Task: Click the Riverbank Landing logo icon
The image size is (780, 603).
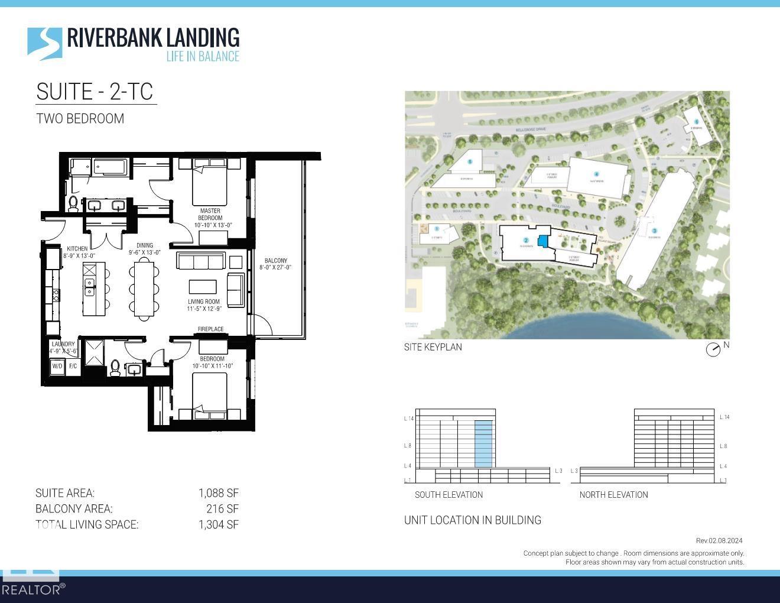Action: (x=44, y=43)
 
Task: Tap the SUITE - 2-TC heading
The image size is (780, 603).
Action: (x=95, y=92)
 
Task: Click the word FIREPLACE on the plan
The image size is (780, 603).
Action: (x=210, y=329)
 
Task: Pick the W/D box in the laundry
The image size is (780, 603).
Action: (x=57, y=366)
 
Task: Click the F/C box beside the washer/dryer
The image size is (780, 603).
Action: (x=73, y=366)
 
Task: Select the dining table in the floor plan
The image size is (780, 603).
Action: (x=145, y=288)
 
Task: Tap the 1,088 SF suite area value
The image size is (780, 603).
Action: (x=218, y=493)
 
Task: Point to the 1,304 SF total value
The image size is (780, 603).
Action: (x=218, y=524)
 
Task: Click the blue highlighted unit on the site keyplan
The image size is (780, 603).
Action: (x=542, y=241)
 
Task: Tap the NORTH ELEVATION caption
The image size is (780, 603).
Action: (x=613, y=495)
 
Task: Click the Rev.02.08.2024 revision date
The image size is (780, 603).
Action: (x=719, y=540)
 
